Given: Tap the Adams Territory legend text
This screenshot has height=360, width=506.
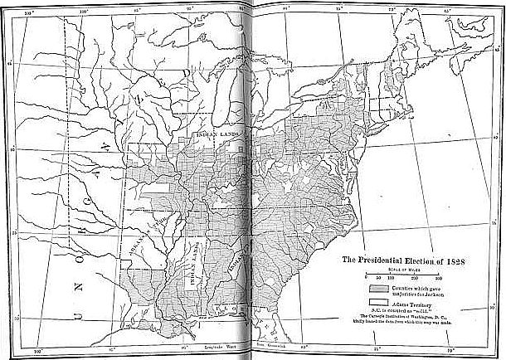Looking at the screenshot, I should [x=415, y=304].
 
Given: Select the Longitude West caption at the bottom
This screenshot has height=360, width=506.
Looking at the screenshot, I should [x=218, y=340].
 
